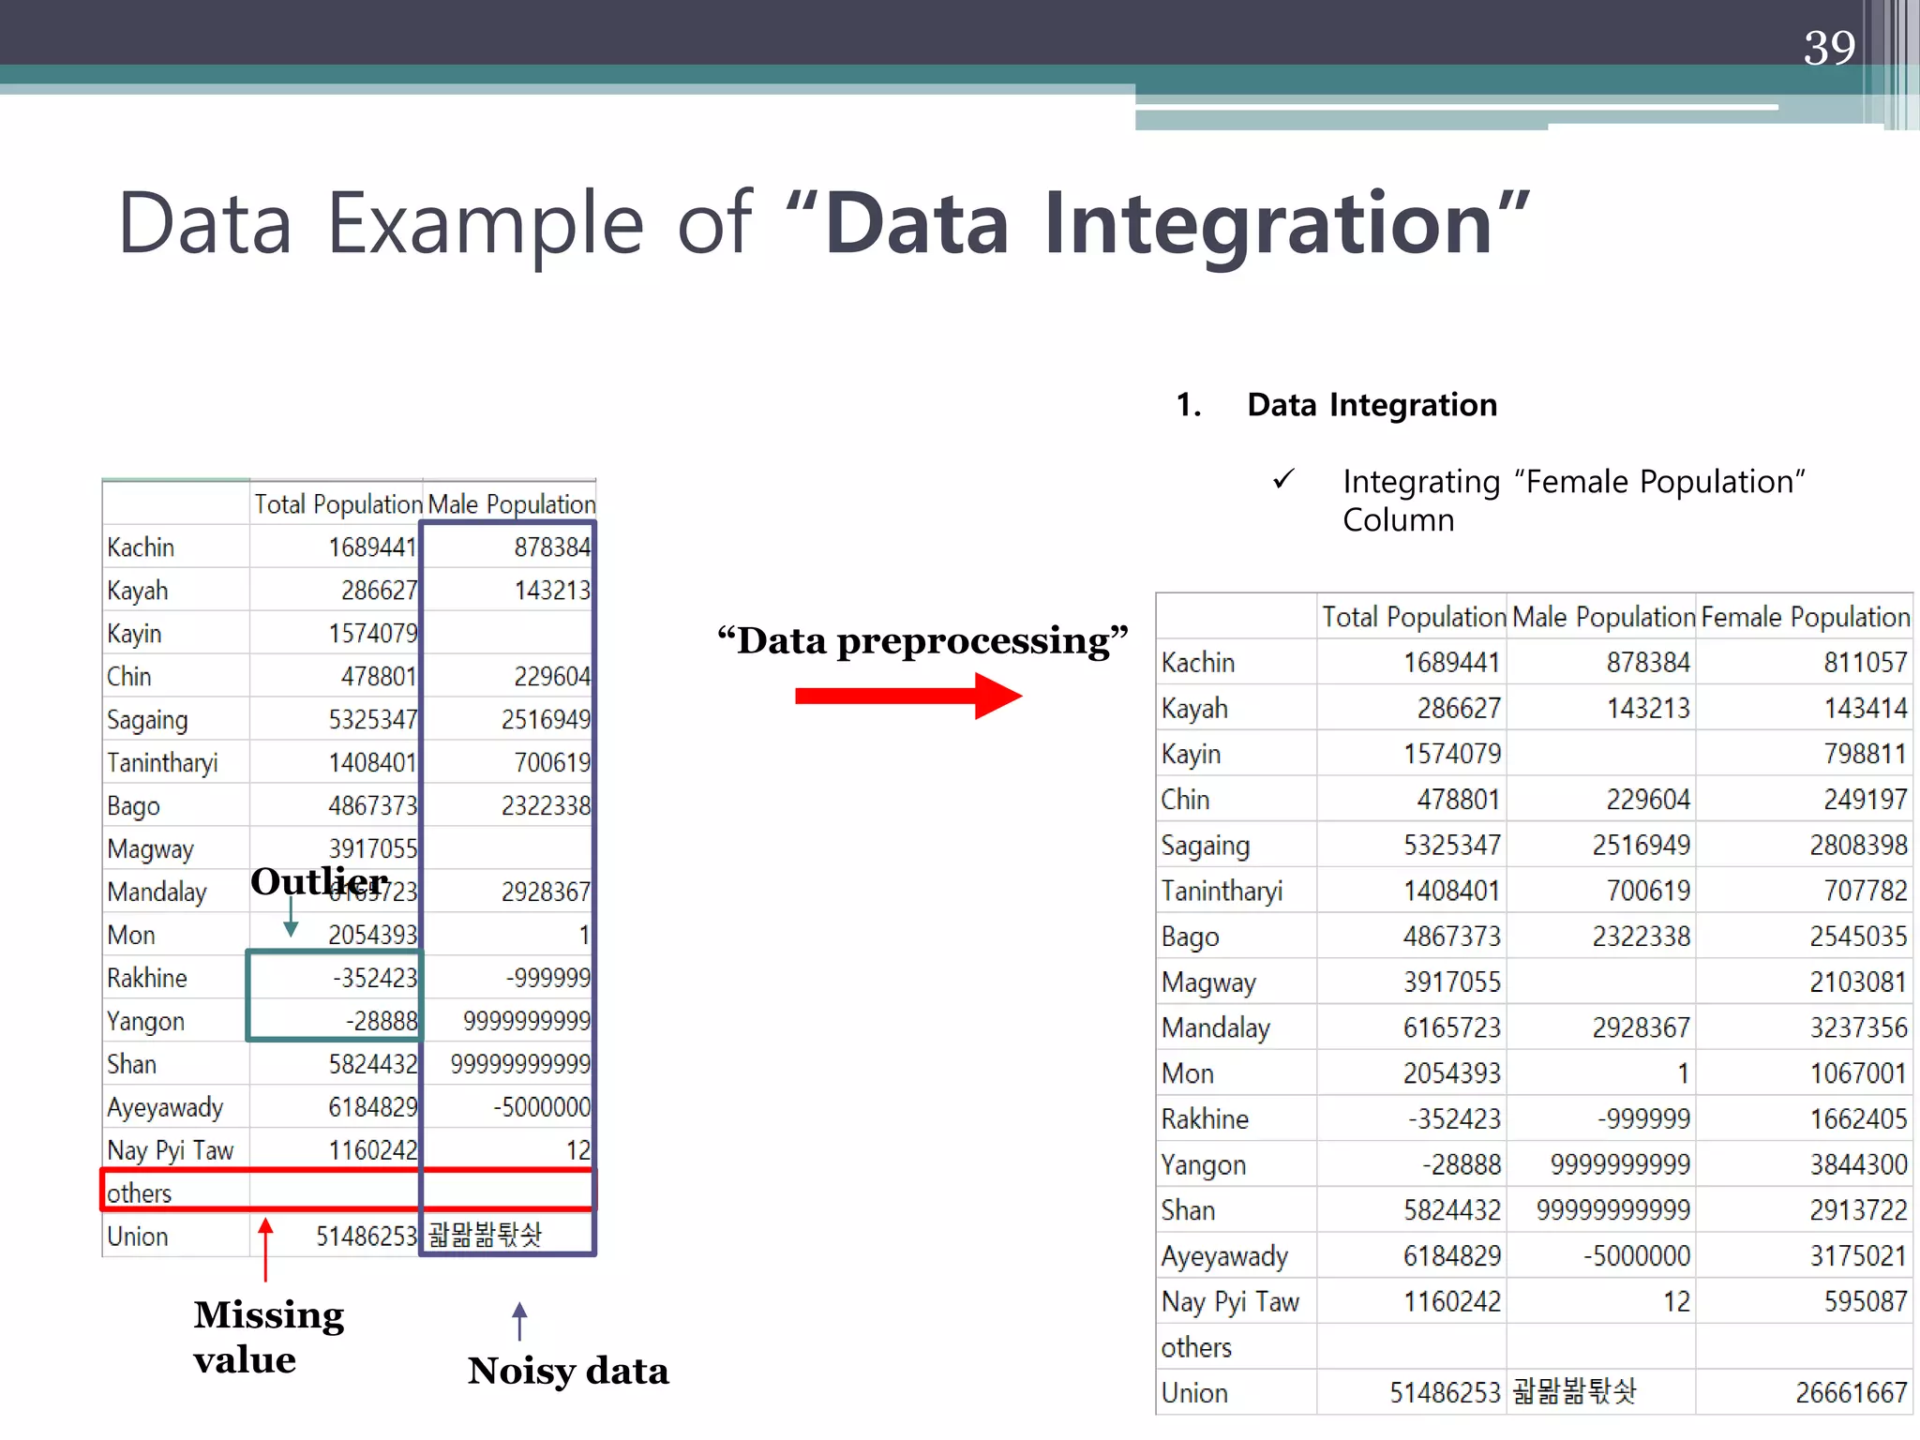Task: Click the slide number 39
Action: (x=1829, y=48)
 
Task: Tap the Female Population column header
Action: (x=1805, y=617)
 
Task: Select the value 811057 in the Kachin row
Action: (x=1865, y=663)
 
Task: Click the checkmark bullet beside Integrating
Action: (x=1283, y=480)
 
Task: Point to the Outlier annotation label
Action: (x=319, y=881)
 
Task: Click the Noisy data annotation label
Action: (x=568, y=1371)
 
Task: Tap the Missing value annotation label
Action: (x=268, y=1337)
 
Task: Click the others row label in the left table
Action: (x=140, y=1193)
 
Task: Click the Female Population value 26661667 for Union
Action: (x=1851, y=1393)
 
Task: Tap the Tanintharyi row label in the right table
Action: (x=1222, y=891)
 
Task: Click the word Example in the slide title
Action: (x=486, y=224)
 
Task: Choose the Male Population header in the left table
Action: (x=511, y=504)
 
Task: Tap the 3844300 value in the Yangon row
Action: (x=1858, y=1164)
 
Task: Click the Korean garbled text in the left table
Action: (x=485, y=1236)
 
